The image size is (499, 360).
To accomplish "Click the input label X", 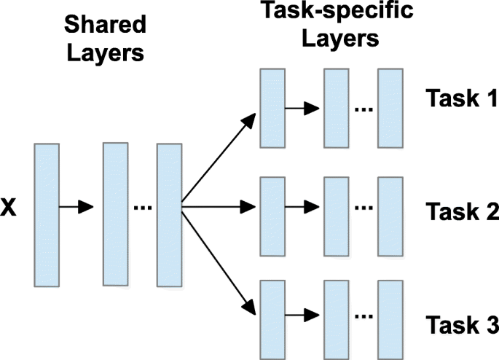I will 9,208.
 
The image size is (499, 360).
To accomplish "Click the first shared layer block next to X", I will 46,214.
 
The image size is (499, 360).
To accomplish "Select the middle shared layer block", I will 115,214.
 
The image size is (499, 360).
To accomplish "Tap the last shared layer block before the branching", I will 168,214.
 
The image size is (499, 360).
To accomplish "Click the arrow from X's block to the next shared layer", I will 76,208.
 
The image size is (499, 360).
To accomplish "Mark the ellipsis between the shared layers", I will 142,209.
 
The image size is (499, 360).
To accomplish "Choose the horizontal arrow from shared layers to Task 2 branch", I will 219,208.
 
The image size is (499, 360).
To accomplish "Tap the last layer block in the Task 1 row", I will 390,106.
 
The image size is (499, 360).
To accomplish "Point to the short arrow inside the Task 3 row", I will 302,316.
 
